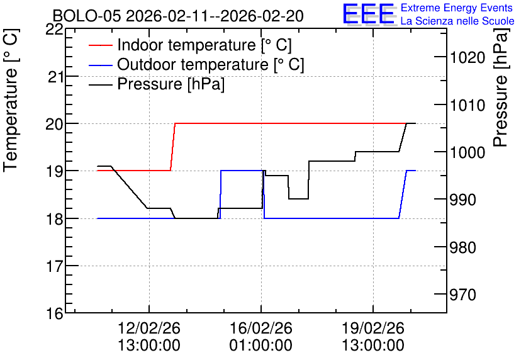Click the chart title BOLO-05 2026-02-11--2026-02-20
coord(178,16)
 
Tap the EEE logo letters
coord(369,14)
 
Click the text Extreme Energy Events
coord(457,8)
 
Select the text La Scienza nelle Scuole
coord(457,21)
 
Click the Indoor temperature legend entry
coord(190,45)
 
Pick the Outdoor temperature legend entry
coord(196,64)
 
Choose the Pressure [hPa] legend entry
coord(157,84)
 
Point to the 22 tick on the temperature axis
coord(54,30)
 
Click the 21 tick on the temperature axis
coord(55,77)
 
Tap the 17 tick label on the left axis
coord(55,267)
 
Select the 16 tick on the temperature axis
coord(55,314)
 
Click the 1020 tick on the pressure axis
coord(463,58)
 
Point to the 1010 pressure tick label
coord(463,105)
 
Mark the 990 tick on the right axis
coord(463,200)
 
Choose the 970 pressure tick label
coord(463,295)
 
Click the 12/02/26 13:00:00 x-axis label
coord(149,337)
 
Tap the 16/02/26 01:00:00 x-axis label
coord(261,337)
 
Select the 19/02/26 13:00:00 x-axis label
coord(373,337)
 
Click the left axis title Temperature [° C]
coord(11,100)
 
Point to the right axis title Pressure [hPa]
coord(500,87)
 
